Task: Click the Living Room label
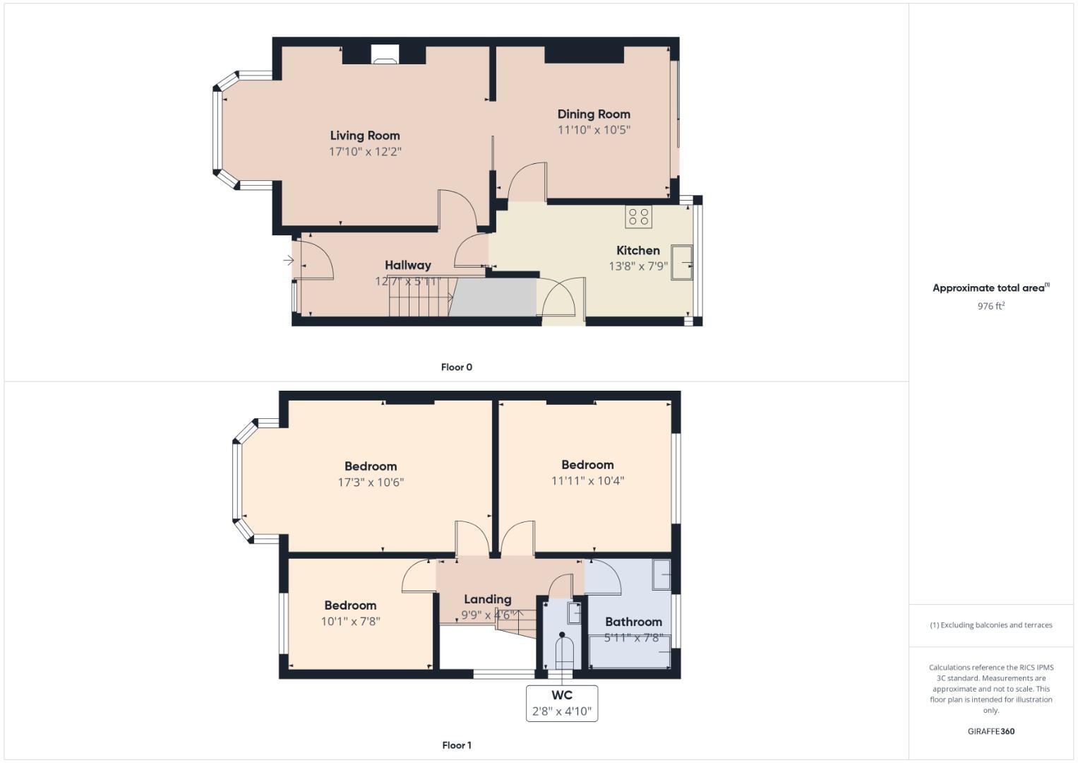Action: tap(365, 136)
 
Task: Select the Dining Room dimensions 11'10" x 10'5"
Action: tap(594, 130)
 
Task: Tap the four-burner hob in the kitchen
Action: tap(638, 216)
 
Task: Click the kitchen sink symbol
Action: tap(682, 262)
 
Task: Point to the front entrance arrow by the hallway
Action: tap(288, 261)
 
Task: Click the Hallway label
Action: tap(407, 265)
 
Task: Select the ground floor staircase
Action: tap(420, 297)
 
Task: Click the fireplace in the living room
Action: tap(385, 55)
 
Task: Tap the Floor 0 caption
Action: tap(456, 367)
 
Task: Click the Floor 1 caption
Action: tap(456, 745)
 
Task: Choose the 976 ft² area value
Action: tap(990, 306)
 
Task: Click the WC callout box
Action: tap(562, 703)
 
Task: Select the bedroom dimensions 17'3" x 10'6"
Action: tap(371, 483)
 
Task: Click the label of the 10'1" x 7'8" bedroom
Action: tap(350, 605)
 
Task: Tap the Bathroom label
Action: tap(633, 622)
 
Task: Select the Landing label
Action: tap(487, 599)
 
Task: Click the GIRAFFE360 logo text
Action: tap(990, 731)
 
